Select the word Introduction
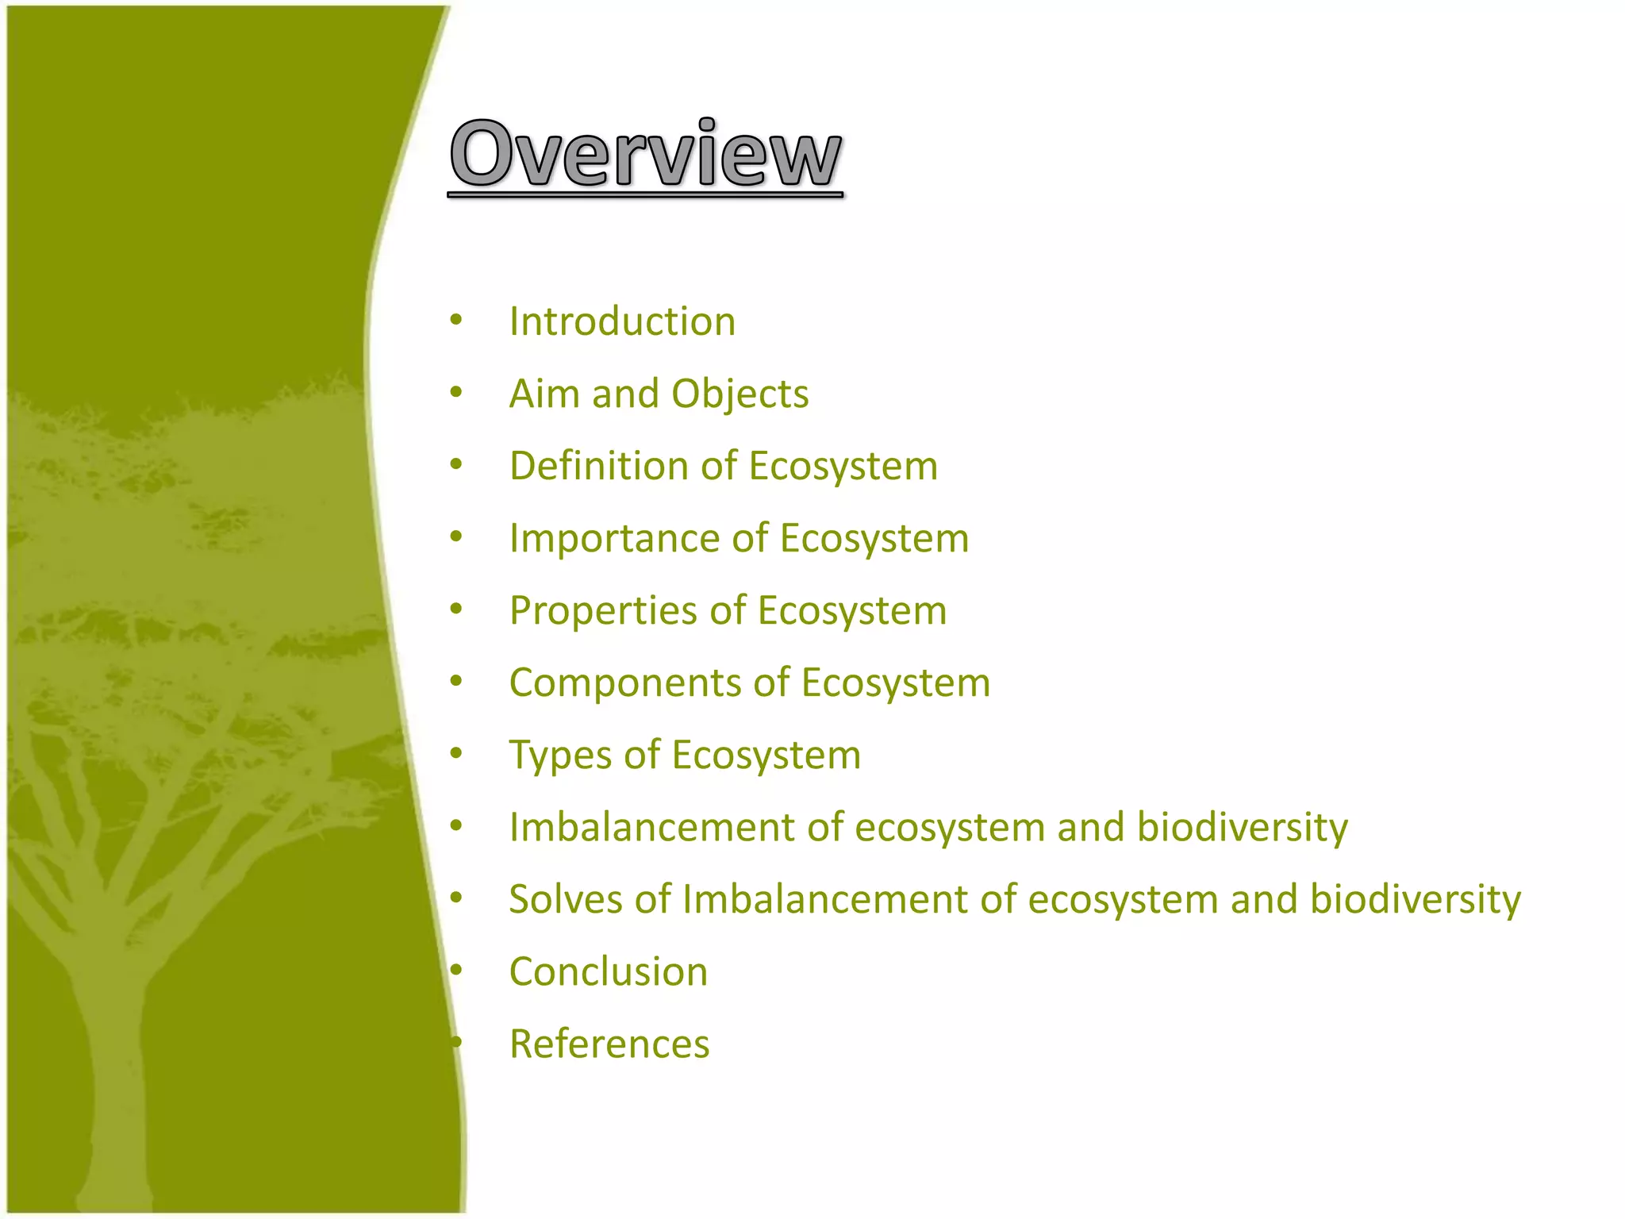[622, 321]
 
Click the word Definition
[598, 466]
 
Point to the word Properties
[603, 610]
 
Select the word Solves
[565, 899]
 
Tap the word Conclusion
[609, 971]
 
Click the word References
[609, 1044]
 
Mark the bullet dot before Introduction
[455, 321]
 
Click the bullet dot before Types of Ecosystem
[455, 754]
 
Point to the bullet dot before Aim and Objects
[455, 393]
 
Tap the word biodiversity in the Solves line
[1415, 899]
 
